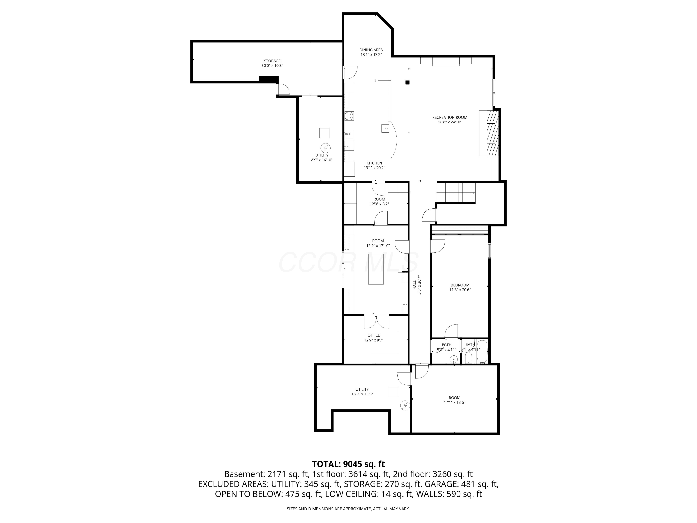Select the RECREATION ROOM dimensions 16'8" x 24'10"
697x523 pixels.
coord(449,122)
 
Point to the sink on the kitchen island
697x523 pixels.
coord(386,128)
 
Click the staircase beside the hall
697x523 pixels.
coord(456,193)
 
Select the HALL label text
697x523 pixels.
coord(414,285)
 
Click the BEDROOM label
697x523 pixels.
coord(460,285)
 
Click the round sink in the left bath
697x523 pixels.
coord(454,359)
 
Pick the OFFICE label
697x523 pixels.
coord(373,335)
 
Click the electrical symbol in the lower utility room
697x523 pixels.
coord(405,405)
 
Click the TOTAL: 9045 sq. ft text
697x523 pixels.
coord(348,464)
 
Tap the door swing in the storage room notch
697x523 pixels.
coord(283,89)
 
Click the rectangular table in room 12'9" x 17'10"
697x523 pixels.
coord(376,269)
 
